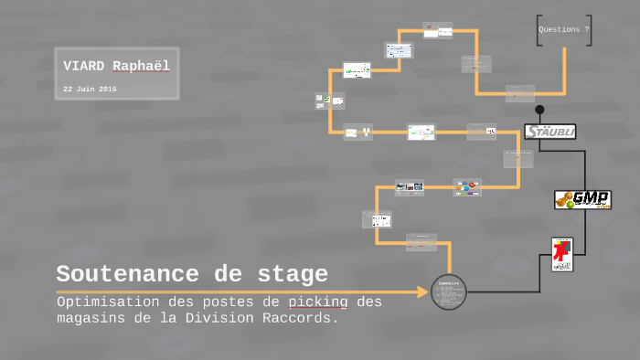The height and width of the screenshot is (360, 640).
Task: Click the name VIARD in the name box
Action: click(84, 66)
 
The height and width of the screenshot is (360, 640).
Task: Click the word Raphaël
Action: click(141, 66)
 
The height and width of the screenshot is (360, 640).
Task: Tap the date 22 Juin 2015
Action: click(90, 89)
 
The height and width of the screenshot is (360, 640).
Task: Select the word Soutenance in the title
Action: click(127, 274)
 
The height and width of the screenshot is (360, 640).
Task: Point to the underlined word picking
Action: click(318, 302)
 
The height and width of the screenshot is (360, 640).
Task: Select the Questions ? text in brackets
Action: click(564, 30)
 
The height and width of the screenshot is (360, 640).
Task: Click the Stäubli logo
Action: click(549, 132)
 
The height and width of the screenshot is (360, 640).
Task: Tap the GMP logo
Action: click(582, 199)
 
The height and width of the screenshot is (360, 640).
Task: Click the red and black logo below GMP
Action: click(562, 254)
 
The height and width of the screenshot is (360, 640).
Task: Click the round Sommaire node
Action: click(448, 291)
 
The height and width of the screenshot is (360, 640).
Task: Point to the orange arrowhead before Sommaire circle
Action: click(422, 292)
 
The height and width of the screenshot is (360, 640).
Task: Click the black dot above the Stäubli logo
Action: click(539, 110)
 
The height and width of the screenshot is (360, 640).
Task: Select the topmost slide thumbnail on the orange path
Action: click(438, 30)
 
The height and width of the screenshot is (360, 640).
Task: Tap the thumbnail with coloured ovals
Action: click(467, 187)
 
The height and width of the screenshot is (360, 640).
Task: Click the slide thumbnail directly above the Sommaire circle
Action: click(421, 241)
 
